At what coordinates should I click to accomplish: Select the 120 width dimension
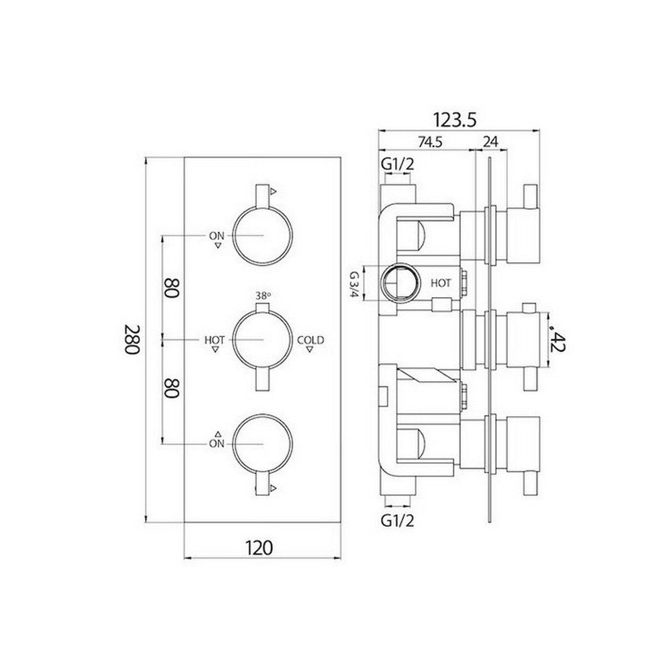[x=260, y=548]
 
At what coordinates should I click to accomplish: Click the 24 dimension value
[x=490, y=142]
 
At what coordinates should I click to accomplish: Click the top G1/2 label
[x=396, y=164]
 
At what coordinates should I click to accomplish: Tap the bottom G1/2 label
[x=396, y=519]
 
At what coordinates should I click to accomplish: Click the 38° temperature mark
[x=263, y=294]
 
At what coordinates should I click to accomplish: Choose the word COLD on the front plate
[x=310, y=341]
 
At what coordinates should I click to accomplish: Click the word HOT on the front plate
[x=214, y=341]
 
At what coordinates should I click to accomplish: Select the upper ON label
[x=216, y=236]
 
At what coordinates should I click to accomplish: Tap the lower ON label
[x=216, y=444]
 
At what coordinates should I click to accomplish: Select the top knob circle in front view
[x=263, y=236]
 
